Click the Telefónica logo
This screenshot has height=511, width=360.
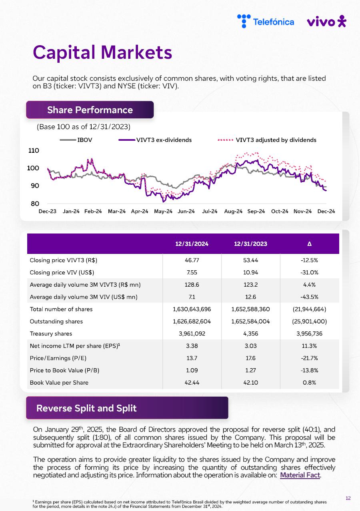pos(266,21)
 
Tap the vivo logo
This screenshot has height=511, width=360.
pos(326,22)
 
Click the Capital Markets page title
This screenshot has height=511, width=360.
pos(102,52)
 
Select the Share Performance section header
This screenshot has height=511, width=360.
pos(90,110)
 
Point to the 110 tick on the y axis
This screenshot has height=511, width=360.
pos(34,151)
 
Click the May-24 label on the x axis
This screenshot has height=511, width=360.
pos(163,211)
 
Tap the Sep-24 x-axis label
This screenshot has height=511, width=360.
pos(256,211)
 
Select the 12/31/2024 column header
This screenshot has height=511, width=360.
pos(192,244)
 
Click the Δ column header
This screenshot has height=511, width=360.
pos(310,244)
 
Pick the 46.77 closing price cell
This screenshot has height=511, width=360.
pos(192,260)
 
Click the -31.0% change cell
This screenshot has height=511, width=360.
pos(310,273)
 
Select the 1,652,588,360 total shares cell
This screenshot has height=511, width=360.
pos(250,309)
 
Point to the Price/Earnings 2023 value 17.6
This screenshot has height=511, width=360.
pos(250,358)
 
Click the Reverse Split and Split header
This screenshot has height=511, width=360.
pos(86,408)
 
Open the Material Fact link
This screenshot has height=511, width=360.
pos(300,475)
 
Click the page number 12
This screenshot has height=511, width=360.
pos(348,498)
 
